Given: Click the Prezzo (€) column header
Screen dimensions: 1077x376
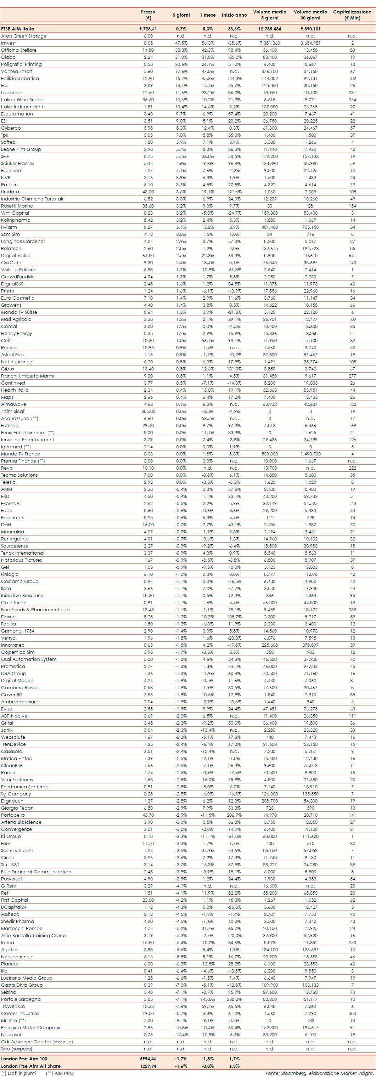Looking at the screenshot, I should click(x=148, y=15).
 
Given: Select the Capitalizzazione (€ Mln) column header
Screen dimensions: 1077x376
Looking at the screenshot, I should click(x=352, y=15).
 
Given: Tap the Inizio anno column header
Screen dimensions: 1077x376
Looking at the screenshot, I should click(x=234, y=15).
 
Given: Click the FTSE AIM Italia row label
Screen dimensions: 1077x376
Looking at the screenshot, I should click(x=18, y=29).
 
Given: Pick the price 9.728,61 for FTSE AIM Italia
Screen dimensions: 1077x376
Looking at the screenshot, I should click(x=148, y=29).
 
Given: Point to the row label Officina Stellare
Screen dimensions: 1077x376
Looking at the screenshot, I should click(x=18, y=50).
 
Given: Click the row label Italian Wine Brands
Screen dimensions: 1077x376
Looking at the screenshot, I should click(x=23, y=100).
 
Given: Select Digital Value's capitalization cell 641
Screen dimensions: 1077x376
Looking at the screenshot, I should click(x=352, y=255).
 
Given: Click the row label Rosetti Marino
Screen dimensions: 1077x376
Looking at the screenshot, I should click(x=17, y=206).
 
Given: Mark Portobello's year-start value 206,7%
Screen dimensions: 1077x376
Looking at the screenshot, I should click(x=234, y=815).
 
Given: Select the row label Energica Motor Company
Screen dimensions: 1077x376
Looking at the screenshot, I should click(x=30, y=1028).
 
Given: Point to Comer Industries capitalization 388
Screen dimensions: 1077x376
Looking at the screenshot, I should click(x=352, y=1014).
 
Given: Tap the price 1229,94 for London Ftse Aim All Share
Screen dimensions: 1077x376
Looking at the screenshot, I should click(x=148, y=1066).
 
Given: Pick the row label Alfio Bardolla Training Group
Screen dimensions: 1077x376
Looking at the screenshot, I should click(x=33, y=936).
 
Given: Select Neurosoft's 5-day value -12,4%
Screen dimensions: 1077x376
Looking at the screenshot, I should click(x=181, y=1035).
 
